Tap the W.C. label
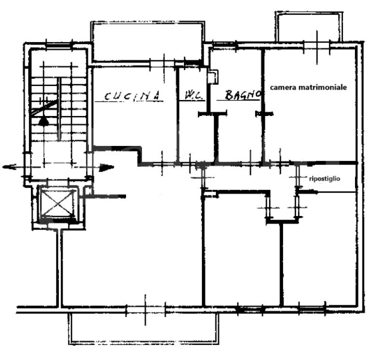point(192,95)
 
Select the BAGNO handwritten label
point(242,94)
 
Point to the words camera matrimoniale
point(308,87)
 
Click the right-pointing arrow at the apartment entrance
point(105,168)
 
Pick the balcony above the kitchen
point(147,41)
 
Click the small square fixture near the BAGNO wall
point(214,77)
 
